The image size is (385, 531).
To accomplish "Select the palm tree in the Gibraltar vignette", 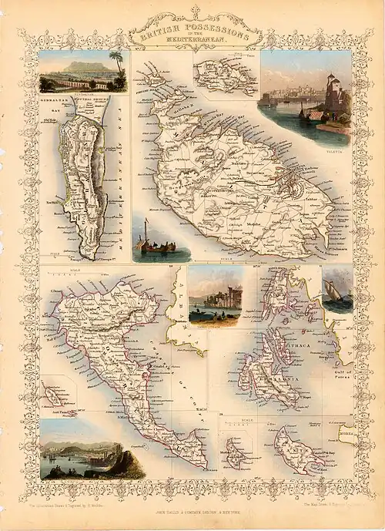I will click(115, 62).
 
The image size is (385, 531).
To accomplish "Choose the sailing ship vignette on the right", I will click(337, 291).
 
